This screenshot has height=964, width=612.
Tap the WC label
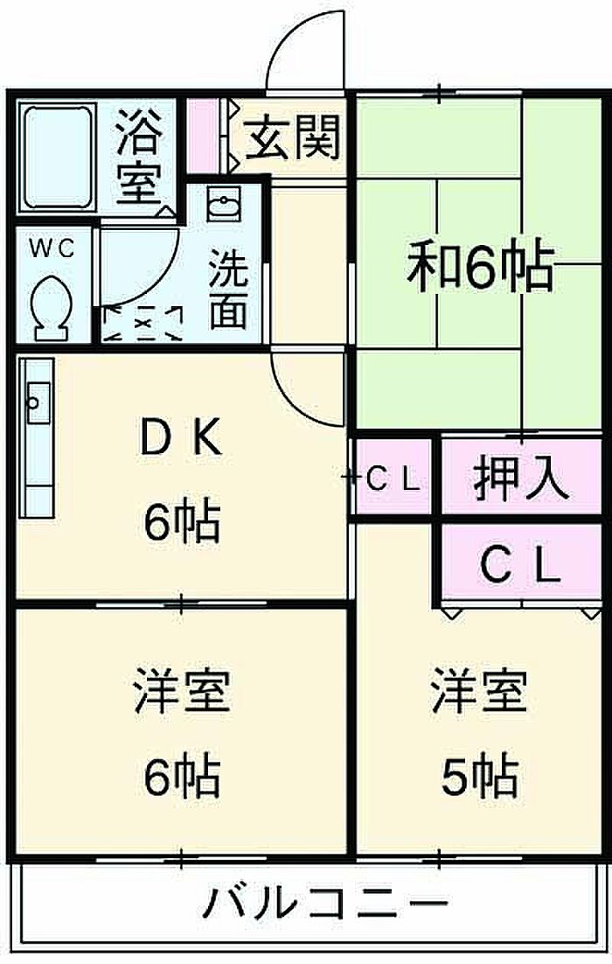coord(52,248)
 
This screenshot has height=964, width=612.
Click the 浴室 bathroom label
coord(138,157)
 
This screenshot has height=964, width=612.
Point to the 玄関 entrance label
coord(293,136)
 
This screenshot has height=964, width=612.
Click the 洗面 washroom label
coord(228,289)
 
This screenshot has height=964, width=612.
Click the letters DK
coord(180,437)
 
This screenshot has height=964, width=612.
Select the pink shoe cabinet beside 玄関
coord(202,136)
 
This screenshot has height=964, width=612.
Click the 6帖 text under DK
coord(181,521)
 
